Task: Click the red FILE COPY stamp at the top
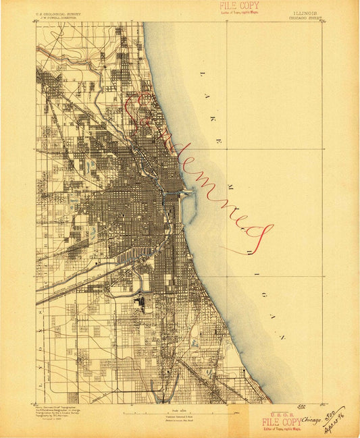[238, 6]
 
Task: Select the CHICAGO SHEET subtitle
[307, 18]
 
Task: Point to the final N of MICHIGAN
[284, 337]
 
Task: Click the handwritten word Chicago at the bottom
[311, 419]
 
